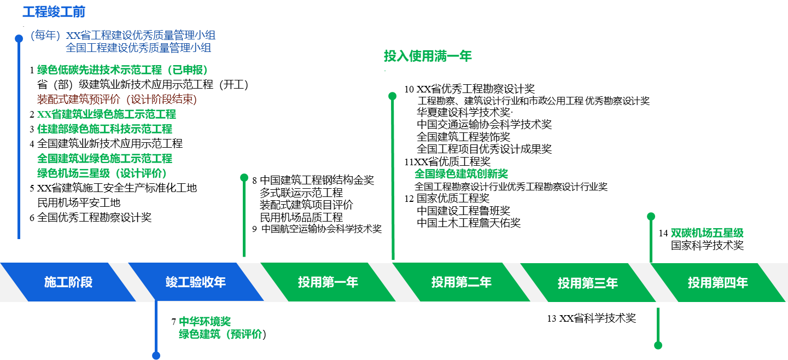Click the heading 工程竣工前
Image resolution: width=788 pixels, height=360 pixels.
tap(54, 12)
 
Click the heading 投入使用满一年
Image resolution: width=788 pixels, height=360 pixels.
tap(428, 56)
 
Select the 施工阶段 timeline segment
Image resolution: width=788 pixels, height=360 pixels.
tap(68, 282)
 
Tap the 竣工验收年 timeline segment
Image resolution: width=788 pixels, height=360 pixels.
tap(196, 282)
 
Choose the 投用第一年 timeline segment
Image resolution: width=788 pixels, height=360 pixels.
tap(328, 282)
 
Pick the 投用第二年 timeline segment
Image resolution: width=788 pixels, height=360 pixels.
tap(461, 282)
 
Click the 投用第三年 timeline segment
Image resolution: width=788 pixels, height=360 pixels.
tap(587, 283)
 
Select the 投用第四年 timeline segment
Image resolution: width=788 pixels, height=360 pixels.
tap(717, 283)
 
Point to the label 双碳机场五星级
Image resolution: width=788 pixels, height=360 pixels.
tap(707, 233)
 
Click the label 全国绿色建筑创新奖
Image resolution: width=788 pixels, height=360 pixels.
tap(461, 174)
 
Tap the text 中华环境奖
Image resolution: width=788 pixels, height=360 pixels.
tap(205, 321)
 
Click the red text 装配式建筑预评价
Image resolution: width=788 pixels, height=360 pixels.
tap(78, 100)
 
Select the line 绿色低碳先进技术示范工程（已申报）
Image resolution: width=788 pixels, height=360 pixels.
tap(122, 70)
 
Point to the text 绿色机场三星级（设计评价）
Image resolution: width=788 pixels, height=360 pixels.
tap(102, 173)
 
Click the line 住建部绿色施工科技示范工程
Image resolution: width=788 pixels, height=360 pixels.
tap(104, 129)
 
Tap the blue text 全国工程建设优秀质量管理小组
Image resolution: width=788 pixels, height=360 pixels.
tap(138, 48)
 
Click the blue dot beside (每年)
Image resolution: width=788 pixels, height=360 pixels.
tap(19, 38)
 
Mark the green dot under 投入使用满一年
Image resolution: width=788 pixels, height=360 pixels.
tap(392, 96)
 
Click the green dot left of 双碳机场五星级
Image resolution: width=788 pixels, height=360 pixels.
tap(651, 217)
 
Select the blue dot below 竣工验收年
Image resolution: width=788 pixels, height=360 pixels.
tap(156, 356)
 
